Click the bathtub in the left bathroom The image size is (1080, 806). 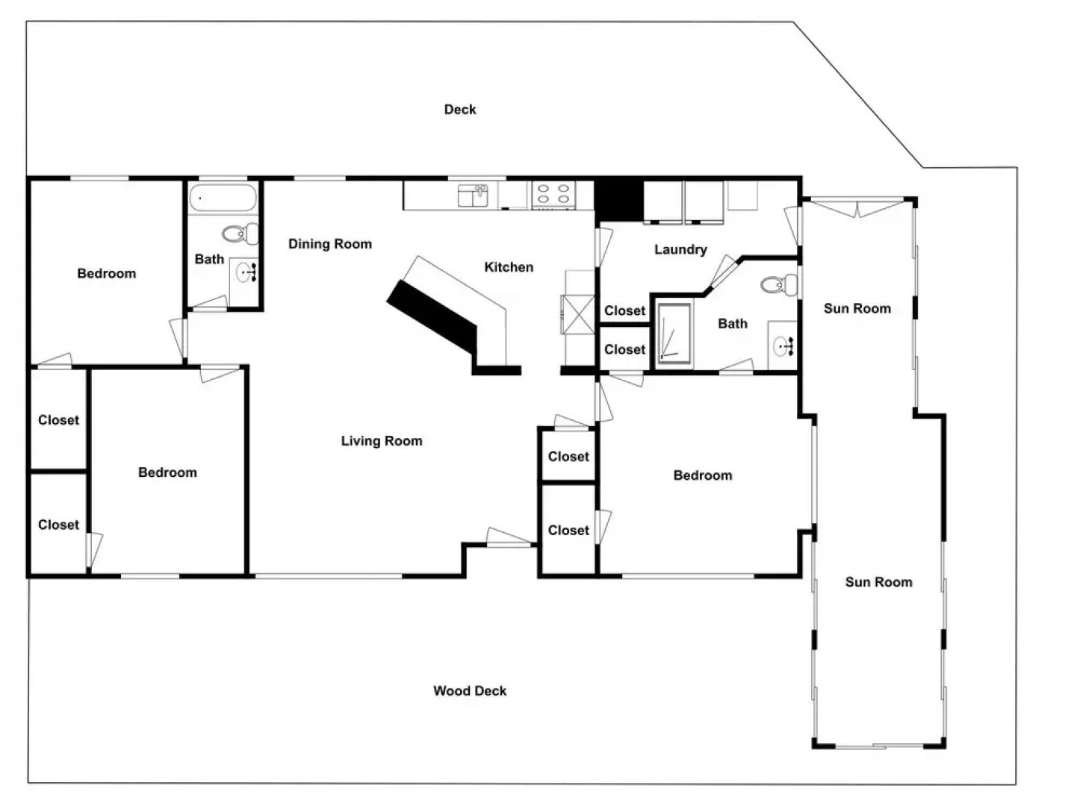point(223,199)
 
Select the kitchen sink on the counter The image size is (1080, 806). point(473,196)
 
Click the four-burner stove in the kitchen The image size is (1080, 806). point(553,195)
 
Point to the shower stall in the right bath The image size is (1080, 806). point(674,336)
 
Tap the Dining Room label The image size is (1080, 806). point(329,244)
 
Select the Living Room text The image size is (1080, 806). point(381,441)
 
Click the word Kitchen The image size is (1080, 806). point(509,267)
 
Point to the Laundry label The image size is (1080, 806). point(680,249)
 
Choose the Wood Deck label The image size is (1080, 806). point(470,691)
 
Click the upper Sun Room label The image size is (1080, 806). point(857,308)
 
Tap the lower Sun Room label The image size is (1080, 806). point(878,582)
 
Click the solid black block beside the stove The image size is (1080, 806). point(618,200)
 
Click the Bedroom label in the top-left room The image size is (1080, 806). point(107,274)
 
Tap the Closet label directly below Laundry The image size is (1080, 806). point(624,311)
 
